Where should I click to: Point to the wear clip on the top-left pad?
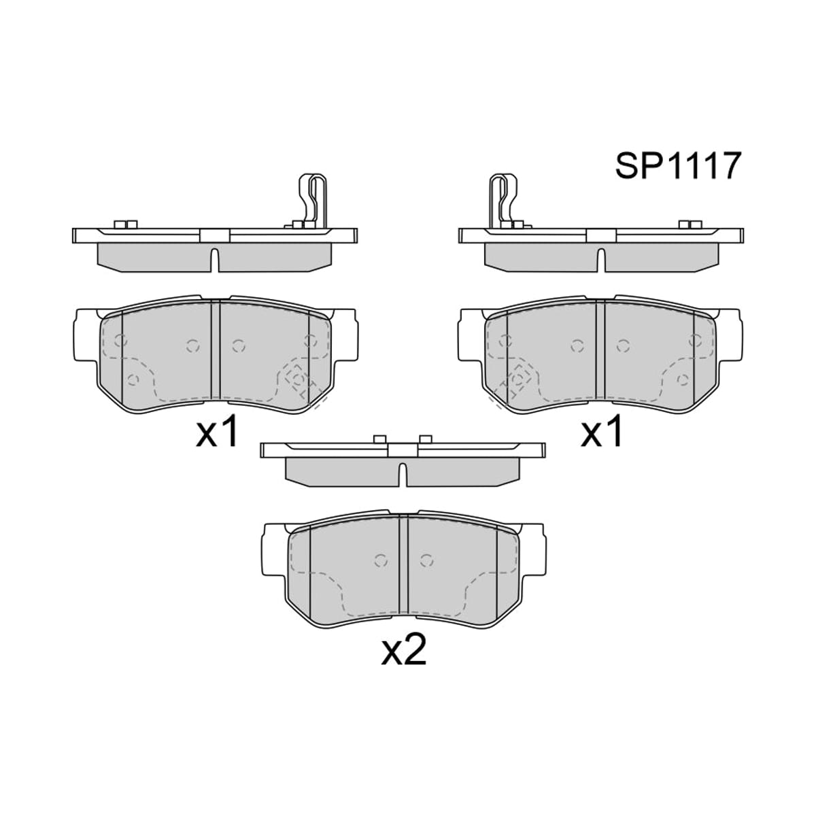(x=313, y=199)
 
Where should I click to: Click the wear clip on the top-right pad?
(x=503, y=199)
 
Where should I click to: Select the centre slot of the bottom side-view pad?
(x=403, y=475)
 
